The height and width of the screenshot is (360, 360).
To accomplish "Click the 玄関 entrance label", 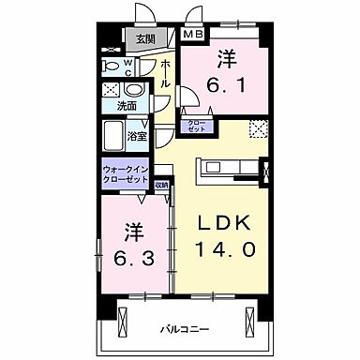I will [x=143, y=39].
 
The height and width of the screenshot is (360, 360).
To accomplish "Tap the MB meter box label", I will [x=192, y=35].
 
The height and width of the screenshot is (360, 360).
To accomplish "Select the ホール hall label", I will [x=165, y=73].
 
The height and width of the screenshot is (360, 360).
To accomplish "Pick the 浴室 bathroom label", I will [x=138, y=137].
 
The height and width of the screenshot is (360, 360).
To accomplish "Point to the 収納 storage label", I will [x=160, y=185].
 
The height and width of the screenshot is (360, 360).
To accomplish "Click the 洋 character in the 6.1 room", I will [x=225, y=57].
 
